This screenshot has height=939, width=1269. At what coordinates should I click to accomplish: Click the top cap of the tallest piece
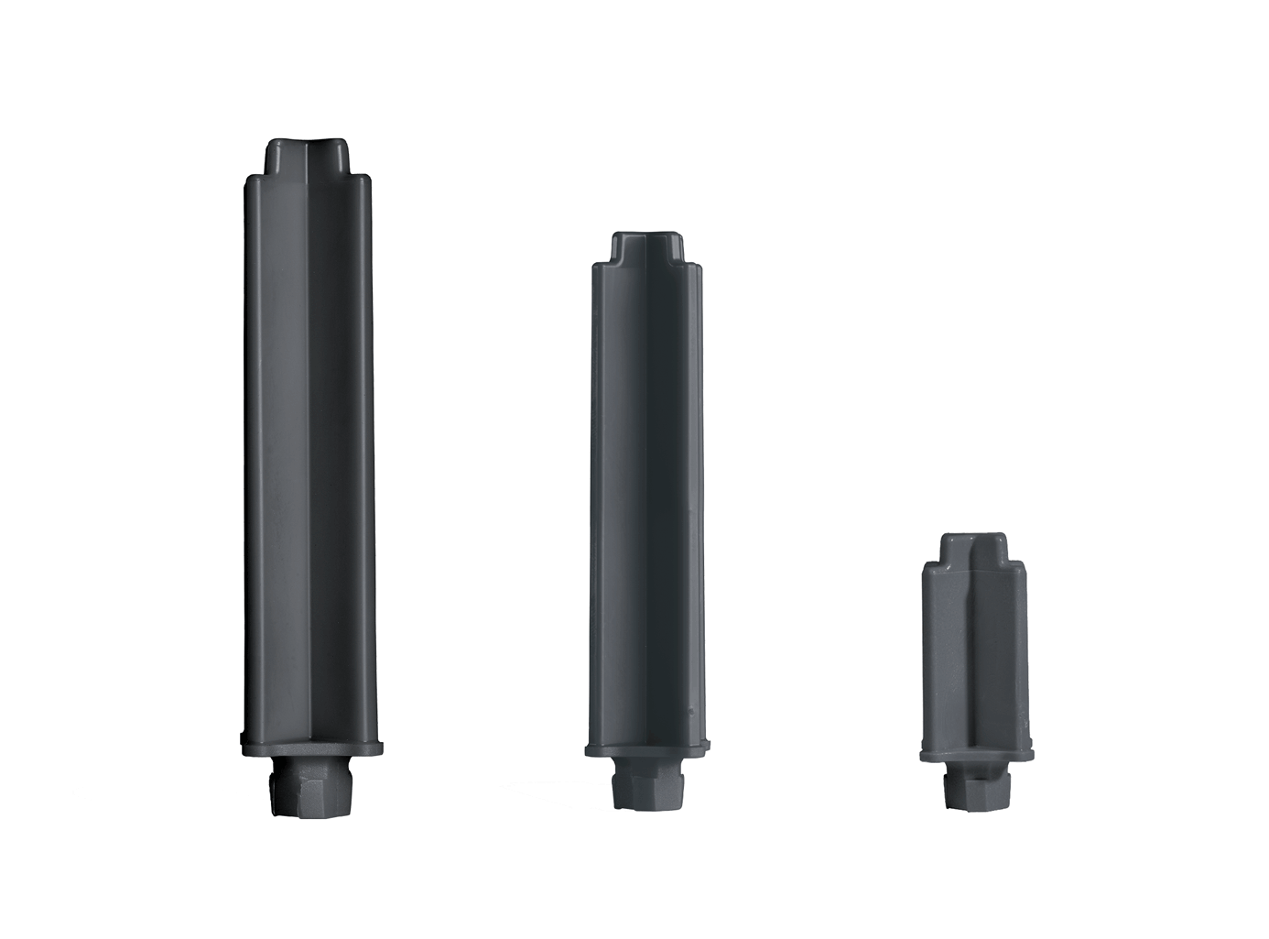[x=309, y=157]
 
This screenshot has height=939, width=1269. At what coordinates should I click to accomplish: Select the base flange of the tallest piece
[x=310, y=746]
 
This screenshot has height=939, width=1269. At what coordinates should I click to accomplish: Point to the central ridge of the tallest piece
[x=309, y=458]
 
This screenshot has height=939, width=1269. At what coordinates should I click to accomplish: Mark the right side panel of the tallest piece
[x=344, y=458]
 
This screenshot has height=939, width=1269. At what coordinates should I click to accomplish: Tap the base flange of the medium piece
[x=647, y=748]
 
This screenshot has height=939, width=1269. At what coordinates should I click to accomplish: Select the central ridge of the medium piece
[x=647, y=504]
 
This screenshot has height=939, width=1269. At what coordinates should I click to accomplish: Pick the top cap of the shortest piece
[x=976, y=547]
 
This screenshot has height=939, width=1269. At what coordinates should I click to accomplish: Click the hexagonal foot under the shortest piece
[x=976, y=789]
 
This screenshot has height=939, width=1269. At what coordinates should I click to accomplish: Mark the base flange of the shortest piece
[x=977, y=754]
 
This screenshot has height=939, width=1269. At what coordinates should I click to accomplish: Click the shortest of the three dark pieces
[x=976, y=669]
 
